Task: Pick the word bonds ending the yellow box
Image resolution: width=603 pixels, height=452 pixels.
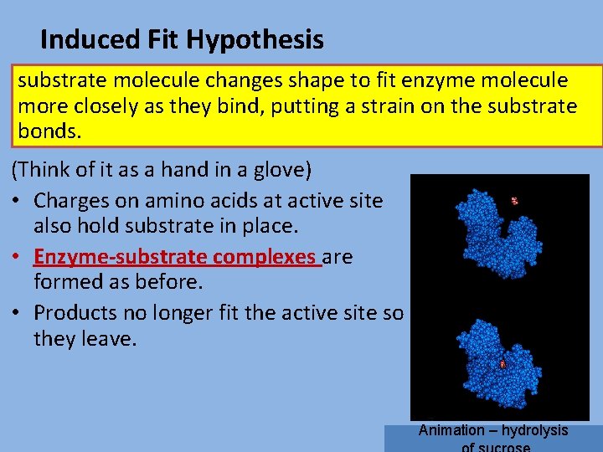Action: tap(49, 131)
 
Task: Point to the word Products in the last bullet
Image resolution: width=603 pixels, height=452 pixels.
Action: tap(76, 312)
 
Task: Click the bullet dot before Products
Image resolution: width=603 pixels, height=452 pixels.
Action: tap(16, 313)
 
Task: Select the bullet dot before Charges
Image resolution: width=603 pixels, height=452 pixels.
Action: tap(16, 202)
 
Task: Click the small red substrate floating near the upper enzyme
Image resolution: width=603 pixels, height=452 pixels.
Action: tap(514, 201)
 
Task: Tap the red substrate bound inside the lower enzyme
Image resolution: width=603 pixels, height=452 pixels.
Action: tap(502, 364)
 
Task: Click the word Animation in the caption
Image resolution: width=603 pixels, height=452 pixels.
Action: tap(451, 430)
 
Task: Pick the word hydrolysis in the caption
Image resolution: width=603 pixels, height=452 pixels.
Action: tap(535, 430)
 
